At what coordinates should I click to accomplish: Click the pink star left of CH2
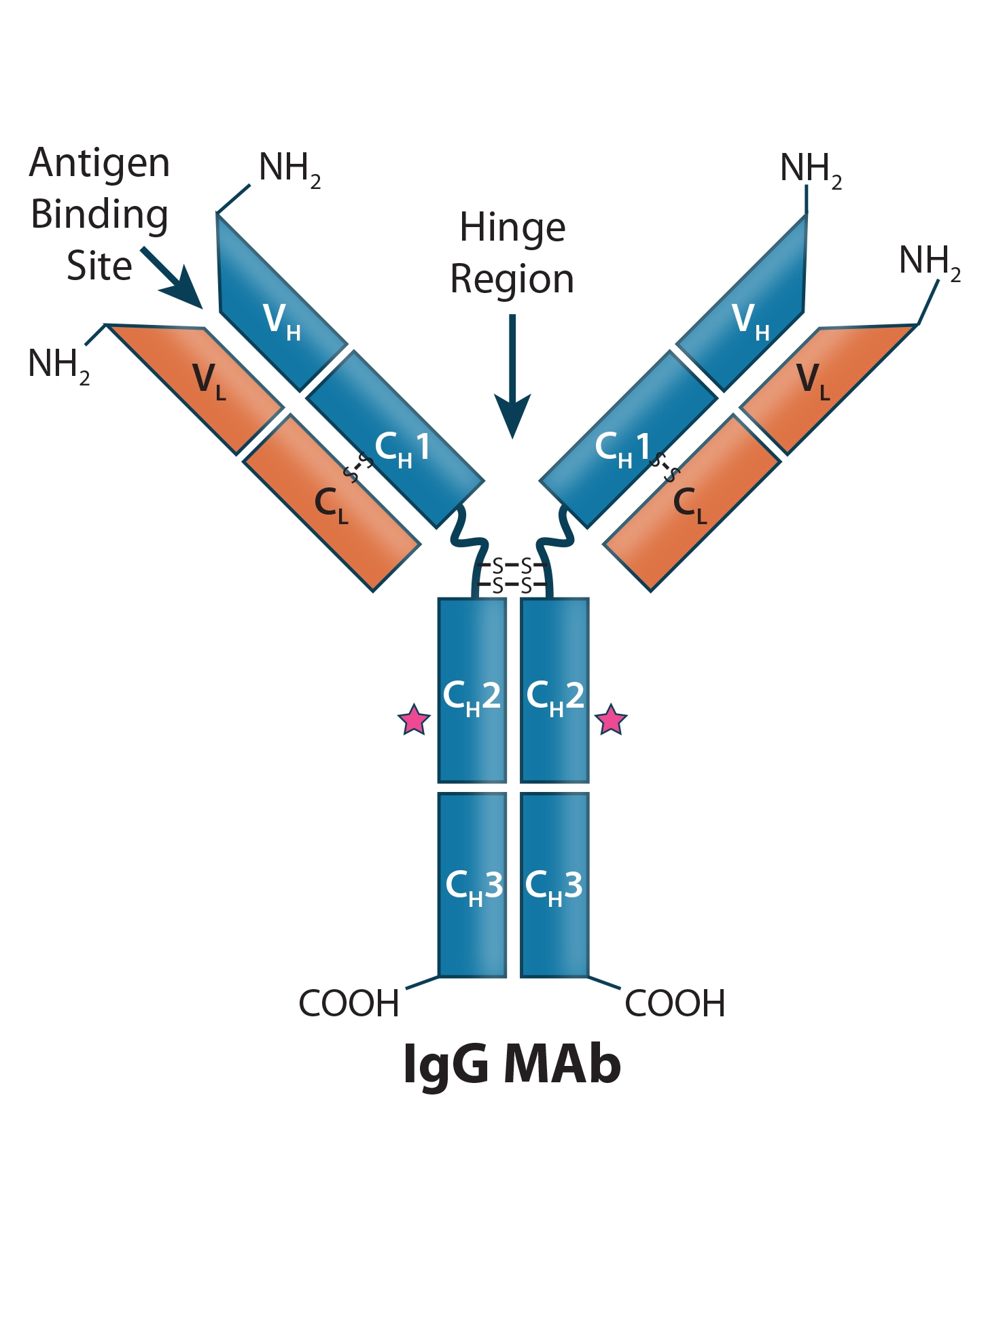pyautogui.click(x=414, y=720)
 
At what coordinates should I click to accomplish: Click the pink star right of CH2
pyautogui.click(x=611, y=720)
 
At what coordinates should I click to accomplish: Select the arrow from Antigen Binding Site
pyautogui.click(x=173, y=278)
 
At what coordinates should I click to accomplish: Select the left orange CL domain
pyautogui.click(x=333, y=503)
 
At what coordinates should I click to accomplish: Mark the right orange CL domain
pyautogui.click(x=690, y=503)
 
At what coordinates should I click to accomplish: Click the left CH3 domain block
pyautogui.click(x=472, y=884)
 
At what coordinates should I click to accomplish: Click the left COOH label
pyautogui.click(x=349, y=1003)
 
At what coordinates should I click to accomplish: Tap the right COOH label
pyautogui.click(x=675, y=1003)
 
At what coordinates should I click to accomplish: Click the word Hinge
pyautogui.click(x=512, y=228)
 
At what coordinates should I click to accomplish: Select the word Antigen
pyautogui.click(x=100, y=164)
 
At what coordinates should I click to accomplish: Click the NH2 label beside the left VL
pyautogui.click(x=58, y=364)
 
